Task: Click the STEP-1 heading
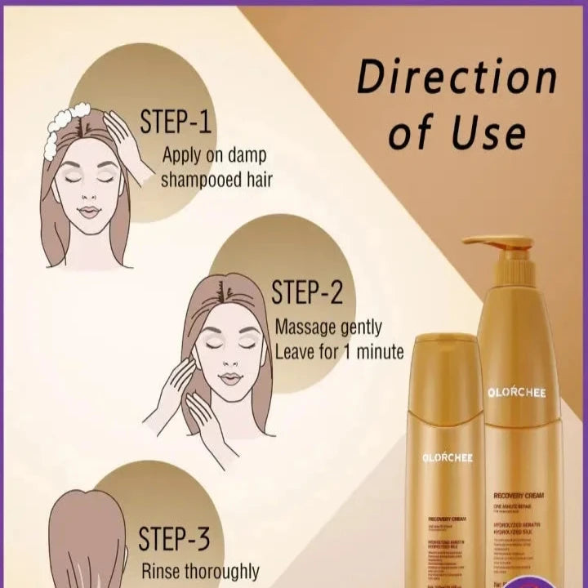(x=176, y=122)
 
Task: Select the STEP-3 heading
(x=176, y=539)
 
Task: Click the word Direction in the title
(x=457, y=78)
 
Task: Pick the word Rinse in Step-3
(x=164, y=572)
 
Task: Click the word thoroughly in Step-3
(x=224, y=572)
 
